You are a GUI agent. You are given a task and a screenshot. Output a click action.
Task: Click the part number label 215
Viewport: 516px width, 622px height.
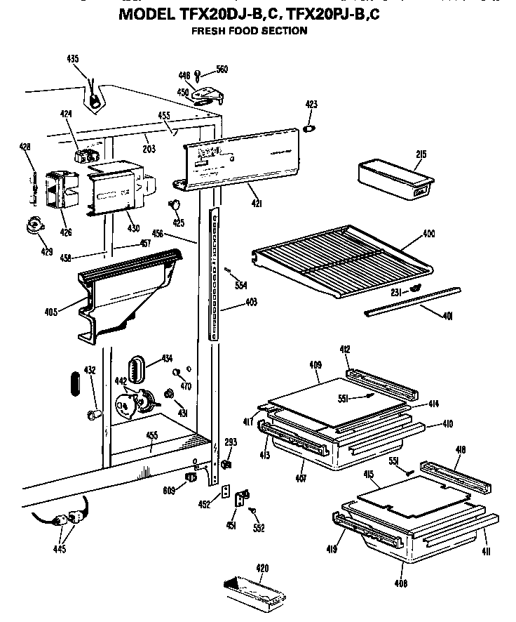421,154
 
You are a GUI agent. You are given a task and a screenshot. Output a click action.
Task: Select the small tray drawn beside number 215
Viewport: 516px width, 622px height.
394,179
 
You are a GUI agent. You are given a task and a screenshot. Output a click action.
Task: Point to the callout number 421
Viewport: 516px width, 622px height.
257,204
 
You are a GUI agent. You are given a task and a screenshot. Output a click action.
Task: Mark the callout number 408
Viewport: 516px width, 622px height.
400,583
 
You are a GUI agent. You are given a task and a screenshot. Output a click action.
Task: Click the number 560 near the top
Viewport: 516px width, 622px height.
222,70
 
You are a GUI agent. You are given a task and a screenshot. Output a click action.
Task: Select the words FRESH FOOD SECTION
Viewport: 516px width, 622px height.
249,31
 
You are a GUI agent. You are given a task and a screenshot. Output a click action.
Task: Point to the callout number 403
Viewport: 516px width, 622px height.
250,303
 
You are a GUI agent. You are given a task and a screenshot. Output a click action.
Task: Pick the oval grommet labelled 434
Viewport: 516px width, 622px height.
135,369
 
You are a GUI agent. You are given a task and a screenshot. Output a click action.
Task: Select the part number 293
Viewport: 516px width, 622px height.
231,442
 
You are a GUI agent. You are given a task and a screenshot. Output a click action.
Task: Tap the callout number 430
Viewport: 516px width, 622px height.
133,228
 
